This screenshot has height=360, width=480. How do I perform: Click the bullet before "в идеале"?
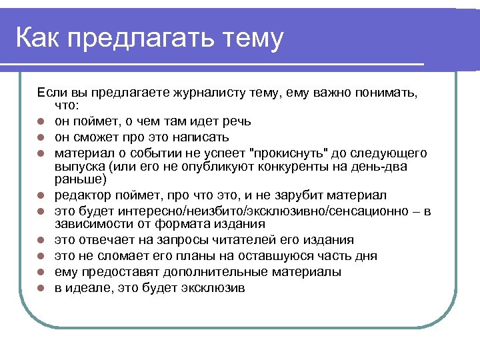coord(41,288)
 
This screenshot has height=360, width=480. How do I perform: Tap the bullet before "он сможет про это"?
coord(41,137)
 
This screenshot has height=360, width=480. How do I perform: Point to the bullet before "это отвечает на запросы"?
coord(41,240)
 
